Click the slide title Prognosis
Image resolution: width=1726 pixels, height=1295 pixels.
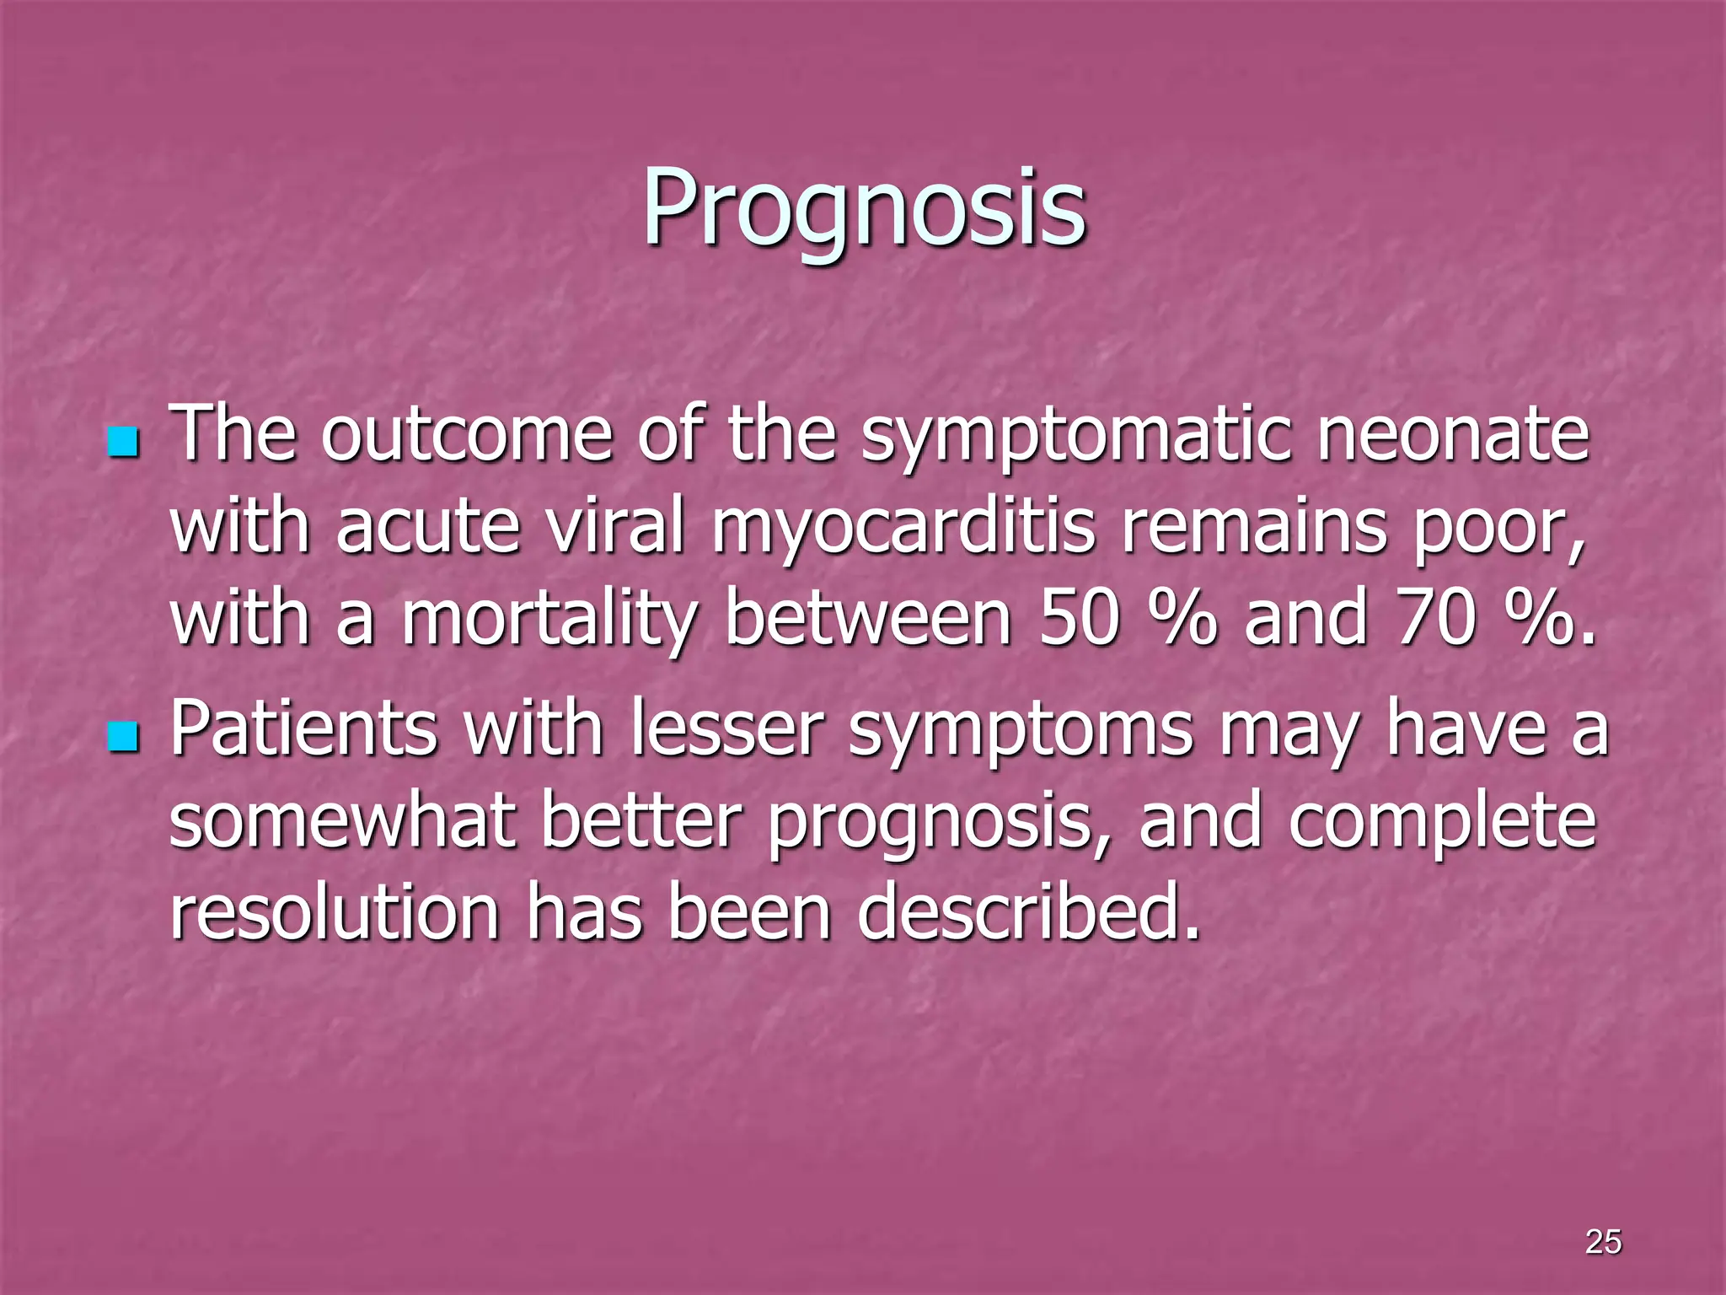tap(863, 209)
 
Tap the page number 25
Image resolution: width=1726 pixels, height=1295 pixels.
tap(1603, 1241)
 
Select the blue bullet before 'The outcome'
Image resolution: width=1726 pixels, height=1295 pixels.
tap(123, 442)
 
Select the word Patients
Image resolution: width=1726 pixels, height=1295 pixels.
tap(304, 729)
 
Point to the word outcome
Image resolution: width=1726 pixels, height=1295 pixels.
tap(466, 436)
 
